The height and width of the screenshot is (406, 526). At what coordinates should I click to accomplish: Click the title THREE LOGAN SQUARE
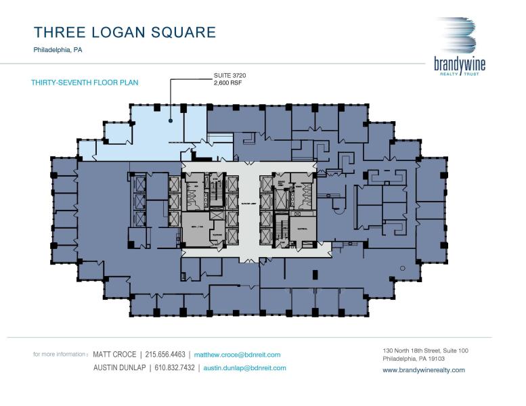125,32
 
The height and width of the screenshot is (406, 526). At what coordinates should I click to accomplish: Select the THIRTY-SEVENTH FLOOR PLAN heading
85,83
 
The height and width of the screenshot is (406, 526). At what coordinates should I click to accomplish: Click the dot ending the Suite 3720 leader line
171,120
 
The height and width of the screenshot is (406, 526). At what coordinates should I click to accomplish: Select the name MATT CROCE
116,354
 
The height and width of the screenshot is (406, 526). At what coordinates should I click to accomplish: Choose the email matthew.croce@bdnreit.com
237,354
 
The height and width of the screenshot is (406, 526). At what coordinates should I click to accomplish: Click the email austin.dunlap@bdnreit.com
244,368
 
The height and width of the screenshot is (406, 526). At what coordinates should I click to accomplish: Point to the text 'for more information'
60,354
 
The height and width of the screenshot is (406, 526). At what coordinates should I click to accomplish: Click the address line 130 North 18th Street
425,351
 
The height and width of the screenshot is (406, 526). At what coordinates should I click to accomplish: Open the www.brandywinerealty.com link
424,370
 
